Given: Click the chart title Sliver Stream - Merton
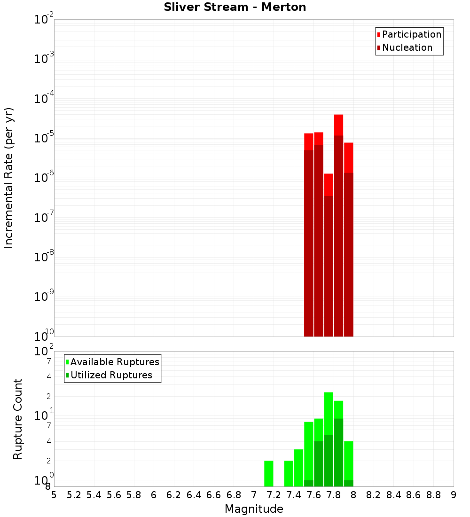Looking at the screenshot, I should point(235,7).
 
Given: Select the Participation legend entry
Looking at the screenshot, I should point(409,34).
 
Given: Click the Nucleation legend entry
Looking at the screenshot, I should point(404,47).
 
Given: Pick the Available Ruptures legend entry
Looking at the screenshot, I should point(112,362).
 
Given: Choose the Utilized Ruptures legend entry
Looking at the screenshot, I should point(109,375).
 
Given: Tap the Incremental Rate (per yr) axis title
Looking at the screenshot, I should point(8,178).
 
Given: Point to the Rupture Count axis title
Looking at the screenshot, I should point(18,419).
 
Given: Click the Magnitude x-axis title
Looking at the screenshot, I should point(254,509).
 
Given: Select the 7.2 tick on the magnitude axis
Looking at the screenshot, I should point(274,495).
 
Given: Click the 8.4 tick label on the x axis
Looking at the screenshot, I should point(394,495).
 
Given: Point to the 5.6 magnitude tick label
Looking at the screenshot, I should point(114,495).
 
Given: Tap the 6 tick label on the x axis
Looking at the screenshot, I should point(154,495).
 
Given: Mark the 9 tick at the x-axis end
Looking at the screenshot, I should point(454,495).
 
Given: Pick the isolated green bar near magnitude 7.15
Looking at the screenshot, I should point(269,473).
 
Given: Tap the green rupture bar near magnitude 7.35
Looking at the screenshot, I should point(289,473).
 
